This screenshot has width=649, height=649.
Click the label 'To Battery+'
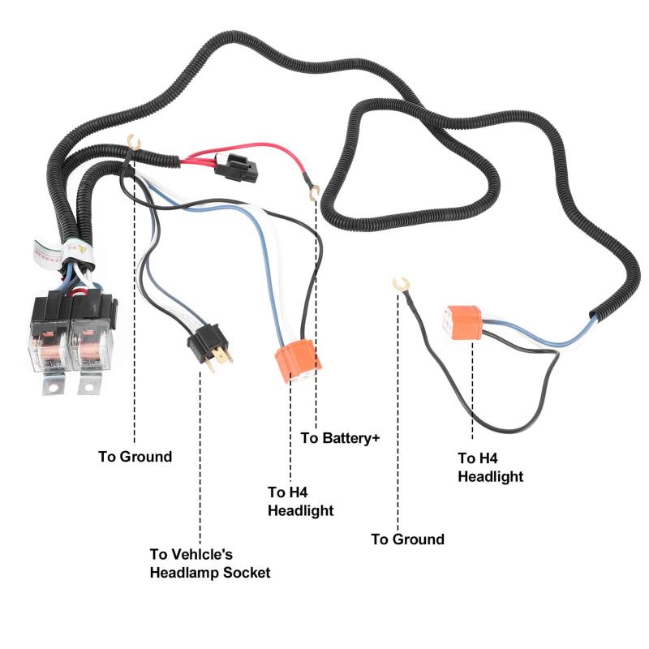340,438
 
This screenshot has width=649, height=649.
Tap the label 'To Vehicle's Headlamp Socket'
209,564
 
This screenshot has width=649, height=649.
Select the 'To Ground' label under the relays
135,457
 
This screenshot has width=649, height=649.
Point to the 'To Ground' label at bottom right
407,539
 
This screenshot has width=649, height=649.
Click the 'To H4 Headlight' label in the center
300,501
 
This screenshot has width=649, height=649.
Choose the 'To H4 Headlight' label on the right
490,467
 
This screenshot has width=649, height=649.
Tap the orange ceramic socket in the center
296,361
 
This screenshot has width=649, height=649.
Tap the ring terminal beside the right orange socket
398,283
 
